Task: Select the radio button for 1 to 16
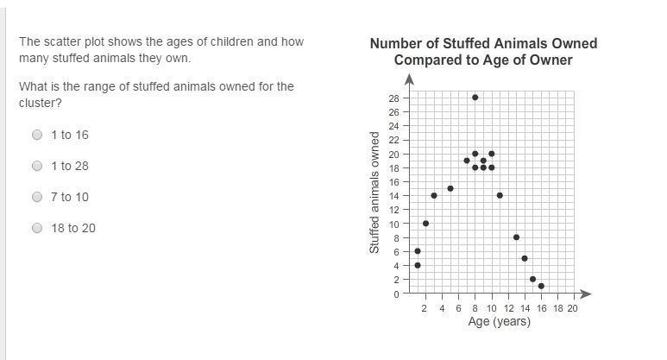tap(37, 135)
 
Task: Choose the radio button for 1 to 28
tap(37, 166)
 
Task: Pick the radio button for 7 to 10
tap(37, 197)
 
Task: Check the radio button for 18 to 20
tap(37, 228)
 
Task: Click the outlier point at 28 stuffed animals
tap(475, 98)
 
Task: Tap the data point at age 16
tap(541, 286)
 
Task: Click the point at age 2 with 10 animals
tap(425, 224)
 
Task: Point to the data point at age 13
tap(516, 237)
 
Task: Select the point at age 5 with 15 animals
tap(450, 188)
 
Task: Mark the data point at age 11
tap(500, 195)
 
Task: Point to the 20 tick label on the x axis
tap(573, 308)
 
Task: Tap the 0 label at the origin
tap(397, 294)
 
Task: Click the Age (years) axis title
tap(499, 322)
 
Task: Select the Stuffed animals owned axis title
tap(375, 193)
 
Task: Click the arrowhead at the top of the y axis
tap(409, 79)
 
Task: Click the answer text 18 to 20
tap(73, 228)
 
